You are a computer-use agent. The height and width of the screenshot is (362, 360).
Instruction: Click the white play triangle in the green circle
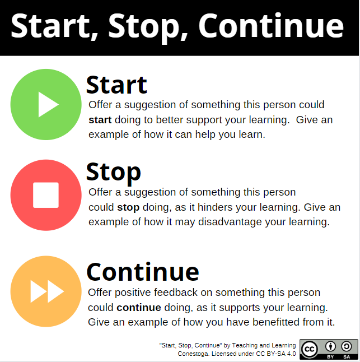[47, 104]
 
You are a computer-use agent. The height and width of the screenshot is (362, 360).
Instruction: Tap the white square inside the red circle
[46, 195]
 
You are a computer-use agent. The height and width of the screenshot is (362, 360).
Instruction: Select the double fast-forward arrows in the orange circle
[47, 291]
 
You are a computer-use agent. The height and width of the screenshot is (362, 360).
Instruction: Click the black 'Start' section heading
[116, 85]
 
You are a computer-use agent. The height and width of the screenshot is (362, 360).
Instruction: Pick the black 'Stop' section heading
[113, 172]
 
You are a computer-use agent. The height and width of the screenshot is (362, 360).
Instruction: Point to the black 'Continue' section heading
[143, 272]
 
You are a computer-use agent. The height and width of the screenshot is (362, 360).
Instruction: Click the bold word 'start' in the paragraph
[100, 120]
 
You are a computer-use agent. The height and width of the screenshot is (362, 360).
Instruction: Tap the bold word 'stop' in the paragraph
[128, 207]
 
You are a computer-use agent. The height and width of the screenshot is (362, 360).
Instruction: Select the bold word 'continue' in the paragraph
[139, 308]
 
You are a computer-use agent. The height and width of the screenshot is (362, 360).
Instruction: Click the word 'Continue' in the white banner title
[271, 26]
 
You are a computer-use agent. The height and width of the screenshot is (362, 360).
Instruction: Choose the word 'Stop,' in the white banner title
[148, 27]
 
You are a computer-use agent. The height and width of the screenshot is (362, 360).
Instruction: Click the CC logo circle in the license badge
[310, 349]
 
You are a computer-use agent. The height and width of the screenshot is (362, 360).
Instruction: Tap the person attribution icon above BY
[330, 346]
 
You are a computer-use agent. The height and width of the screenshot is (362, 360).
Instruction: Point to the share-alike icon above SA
[347, 346]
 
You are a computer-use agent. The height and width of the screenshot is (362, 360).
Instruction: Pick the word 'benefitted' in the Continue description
[276, 322]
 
